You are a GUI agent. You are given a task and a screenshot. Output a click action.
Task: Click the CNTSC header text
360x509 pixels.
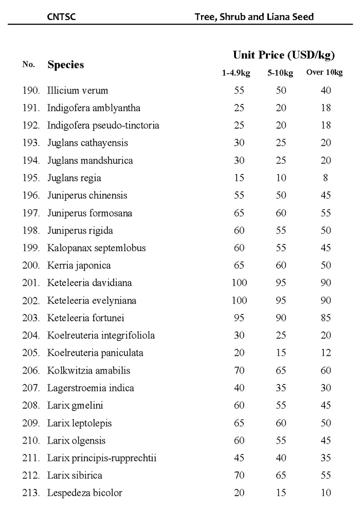[61, 16]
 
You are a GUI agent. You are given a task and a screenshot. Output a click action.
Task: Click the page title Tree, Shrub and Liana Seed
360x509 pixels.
[254, 16]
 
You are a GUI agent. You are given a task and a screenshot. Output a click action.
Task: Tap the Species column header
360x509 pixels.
[65, 65]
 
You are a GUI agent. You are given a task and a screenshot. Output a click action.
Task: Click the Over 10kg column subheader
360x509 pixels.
[324, 73]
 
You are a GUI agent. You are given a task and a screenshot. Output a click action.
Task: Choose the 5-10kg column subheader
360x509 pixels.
[280, 73]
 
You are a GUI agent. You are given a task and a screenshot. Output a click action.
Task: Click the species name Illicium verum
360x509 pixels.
[78, 91]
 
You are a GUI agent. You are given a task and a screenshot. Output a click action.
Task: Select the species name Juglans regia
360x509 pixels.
[74, 178]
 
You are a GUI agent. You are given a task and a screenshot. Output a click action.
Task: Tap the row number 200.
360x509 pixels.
[31, 266]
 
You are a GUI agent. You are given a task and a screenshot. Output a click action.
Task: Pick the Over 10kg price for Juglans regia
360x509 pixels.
[325, 178]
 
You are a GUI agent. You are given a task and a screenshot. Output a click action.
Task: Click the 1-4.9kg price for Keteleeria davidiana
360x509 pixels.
[239, 283]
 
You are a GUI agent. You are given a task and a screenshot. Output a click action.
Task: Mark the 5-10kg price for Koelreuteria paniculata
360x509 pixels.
[280, 353]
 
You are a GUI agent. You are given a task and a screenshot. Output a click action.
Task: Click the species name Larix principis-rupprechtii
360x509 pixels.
[101, 458]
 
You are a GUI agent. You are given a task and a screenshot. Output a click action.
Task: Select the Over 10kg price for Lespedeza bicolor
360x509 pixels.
[325, 493]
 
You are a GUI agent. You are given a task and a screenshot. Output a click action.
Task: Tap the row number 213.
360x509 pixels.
[31, 493]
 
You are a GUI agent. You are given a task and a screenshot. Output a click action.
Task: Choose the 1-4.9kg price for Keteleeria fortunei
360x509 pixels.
[239, 318]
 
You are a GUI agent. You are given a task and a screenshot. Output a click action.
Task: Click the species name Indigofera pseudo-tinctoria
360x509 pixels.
[103, 126]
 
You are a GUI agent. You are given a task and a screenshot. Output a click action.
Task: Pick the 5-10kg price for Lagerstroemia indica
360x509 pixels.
[280, 388]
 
